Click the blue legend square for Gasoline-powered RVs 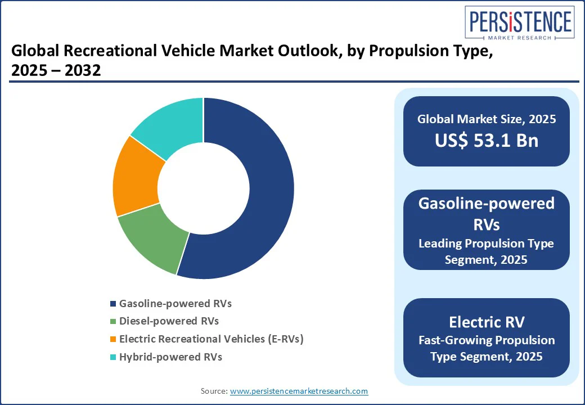(113, 304)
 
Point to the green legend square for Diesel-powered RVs (113, 322)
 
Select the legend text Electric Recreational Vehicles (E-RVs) (211, 339)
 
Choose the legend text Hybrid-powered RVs (170, 357)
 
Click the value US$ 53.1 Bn (487, 141)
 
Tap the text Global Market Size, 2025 (487, 119)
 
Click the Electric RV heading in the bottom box (487, 322)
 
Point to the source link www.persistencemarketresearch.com (299, 391)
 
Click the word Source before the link (214, 391)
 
